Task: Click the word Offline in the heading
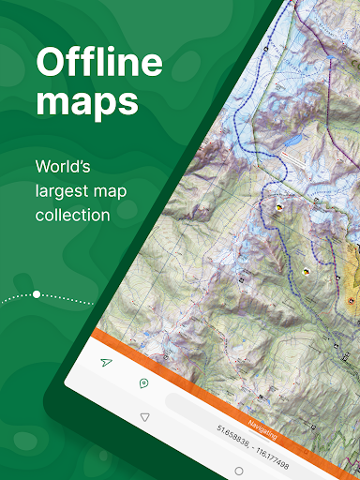[x=99, y=63]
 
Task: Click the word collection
[x=72, y=215]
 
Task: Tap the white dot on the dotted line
[x=37, y=294]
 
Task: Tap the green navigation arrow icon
[x=106, y=361]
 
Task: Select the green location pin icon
[x=143, y=382]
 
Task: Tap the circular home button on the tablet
[x=238, y=471]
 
